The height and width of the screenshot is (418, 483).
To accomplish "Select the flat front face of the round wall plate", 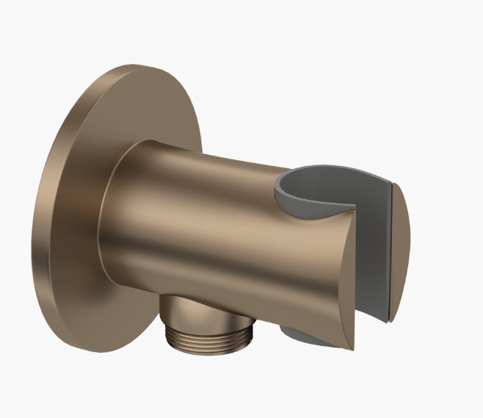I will [x=81, y=220].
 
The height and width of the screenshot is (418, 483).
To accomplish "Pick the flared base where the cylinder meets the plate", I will [x=110, y=213].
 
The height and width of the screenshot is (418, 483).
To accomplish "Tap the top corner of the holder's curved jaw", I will [x=352, y=209].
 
